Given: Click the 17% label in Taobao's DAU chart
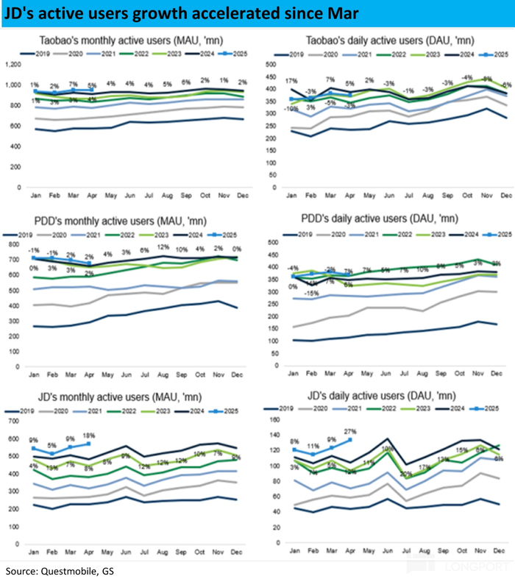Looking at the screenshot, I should pyautogui.click(x=293, y=80).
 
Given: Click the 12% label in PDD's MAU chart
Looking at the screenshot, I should pyautogui.click(x=163, y=247).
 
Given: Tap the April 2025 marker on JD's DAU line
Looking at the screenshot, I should pyautogui.click(x=349, y=440).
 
